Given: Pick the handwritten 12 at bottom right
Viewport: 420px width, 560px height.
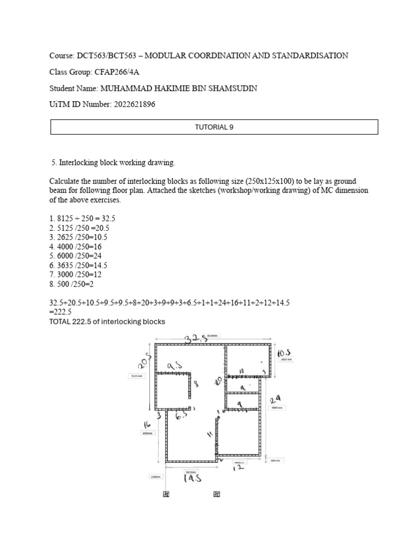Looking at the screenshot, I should [238, 468].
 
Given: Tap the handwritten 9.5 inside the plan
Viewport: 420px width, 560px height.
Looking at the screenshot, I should [176, 364].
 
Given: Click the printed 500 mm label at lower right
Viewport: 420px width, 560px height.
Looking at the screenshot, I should [276, 460].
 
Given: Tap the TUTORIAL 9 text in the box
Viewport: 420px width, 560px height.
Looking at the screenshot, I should [214, 127].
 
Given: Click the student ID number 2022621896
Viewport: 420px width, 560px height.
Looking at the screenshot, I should [130, 104].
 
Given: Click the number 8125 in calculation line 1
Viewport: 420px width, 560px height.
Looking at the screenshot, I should [65, 218].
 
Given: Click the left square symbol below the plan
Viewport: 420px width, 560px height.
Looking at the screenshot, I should [166, 494].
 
